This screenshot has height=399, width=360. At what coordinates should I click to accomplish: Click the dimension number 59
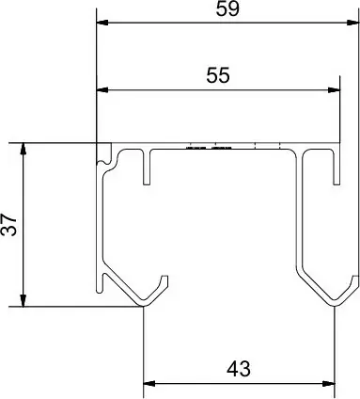click(227, 9)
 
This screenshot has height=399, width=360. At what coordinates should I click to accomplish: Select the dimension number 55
click(218, 75)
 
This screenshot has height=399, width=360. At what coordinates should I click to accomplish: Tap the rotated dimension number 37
click(8, 225)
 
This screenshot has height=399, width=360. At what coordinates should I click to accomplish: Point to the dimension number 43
click(239, 369)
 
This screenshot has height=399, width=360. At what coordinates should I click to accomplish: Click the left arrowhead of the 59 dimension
click(102, 23)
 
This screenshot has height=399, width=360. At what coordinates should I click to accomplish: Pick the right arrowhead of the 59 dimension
click(352, 23)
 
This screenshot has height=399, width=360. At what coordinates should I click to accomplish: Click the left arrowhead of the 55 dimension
click(102, 90)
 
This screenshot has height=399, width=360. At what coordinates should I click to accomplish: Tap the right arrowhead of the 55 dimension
click(334, 90)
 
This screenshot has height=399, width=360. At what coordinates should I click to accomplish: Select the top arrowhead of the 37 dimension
click(23, 150)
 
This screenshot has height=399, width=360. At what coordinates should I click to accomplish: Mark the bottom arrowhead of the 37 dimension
click(23, 300)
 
